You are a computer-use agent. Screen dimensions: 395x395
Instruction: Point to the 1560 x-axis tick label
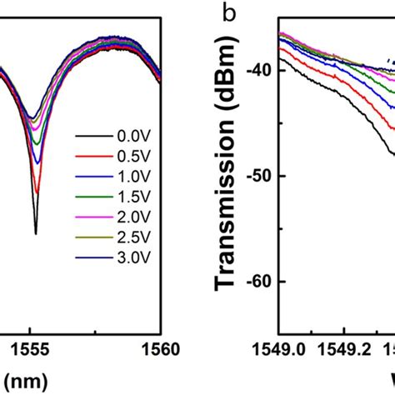(x=158, y=351)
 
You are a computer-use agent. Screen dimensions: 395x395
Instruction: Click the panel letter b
(x=226, y=13)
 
